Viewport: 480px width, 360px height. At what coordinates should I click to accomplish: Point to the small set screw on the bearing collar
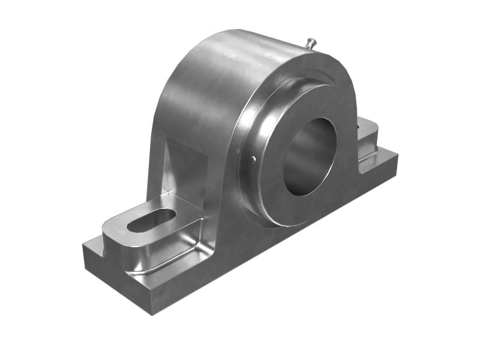click(254, 158)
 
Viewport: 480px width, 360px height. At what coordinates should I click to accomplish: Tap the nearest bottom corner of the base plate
click(152, 313)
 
